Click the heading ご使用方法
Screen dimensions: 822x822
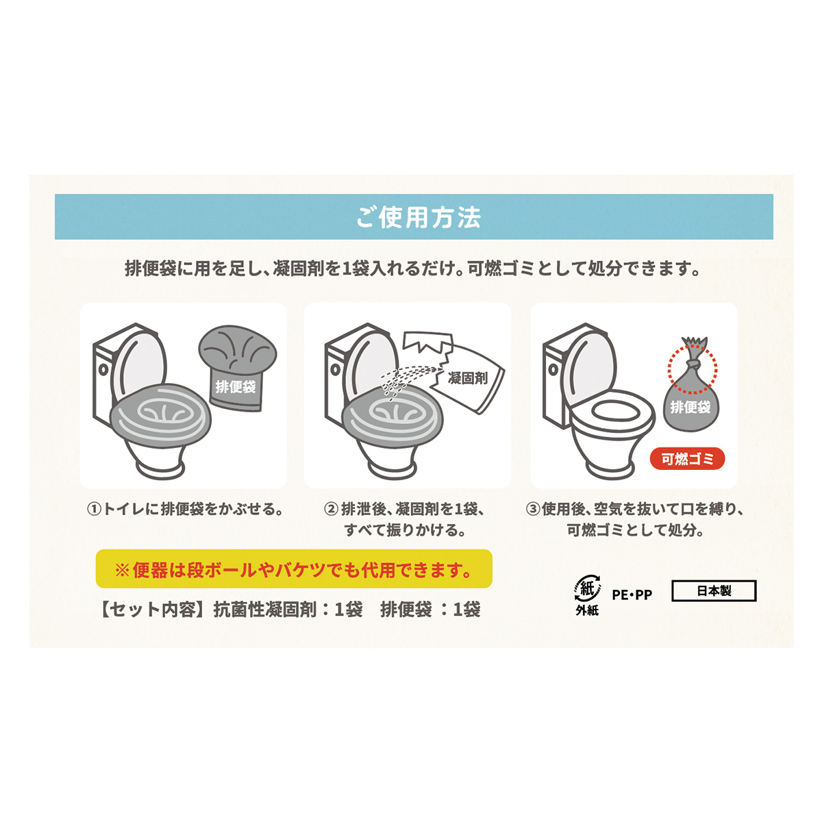coord(418,217)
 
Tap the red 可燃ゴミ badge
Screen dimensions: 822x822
coord(687,459)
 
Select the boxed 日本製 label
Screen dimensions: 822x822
coord(714,590)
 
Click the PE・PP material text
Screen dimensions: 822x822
coord(632,595)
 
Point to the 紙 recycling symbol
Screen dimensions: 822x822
coord(586,588)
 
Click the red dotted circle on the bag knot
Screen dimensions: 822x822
coord(692,369)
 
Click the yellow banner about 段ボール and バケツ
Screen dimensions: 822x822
coord(294,569)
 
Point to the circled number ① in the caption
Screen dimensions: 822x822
coord(94,510)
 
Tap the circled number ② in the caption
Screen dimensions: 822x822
coord(331,510)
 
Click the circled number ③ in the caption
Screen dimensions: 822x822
coord(533,510)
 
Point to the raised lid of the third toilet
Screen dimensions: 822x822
coord(589,363)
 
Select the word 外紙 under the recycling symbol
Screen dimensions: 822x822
coord(586,610)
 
